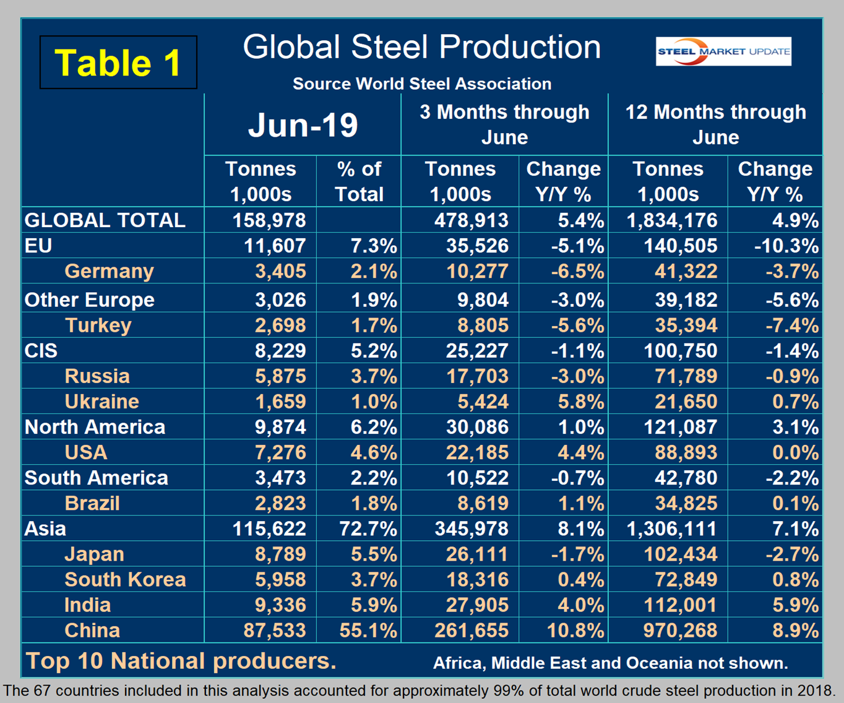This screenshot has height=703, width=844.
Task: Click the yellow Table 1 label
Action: pos(118,63)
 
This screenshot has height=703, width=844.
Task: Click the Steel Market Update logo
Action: pos(723,52)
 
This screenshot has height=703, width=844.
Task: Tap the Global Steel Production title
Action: pos(421,47)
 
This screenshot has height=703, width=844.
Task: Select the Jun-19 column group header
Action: pos(303,125)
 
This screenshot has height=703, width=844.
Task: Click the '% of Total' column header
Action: pos(359,181)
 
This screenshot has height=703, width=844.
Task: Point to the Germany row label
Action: pos(109,271)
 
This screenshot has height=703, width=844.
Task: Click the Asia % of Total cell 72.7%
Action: pos(368,528)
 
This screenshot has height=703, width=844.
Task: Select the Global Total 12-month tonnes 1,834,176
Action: pos(672,220)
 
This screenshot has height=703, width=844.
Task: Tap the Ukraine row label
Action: pos(101,402)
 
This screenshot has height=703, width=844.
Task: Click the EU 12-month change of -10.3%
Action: pos(786,246)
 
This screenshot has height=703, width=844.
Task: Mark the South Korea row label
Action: pos(125,579)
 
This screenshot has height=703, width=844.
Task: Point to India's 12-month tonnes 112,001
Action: pos(681,605)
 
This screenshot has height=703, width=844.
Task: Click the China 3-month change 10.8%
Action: pos(575,630)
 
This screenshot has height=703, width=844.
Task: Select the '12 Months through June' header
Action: pos(715,124)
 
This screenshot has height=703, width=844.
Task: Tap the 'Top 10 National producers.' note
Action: pos(181,661)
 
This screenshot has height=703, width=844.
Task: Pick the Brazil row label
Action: pos(92,503)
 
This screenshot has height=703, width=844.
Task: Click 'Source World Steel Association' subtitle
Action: pos(421,84)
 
